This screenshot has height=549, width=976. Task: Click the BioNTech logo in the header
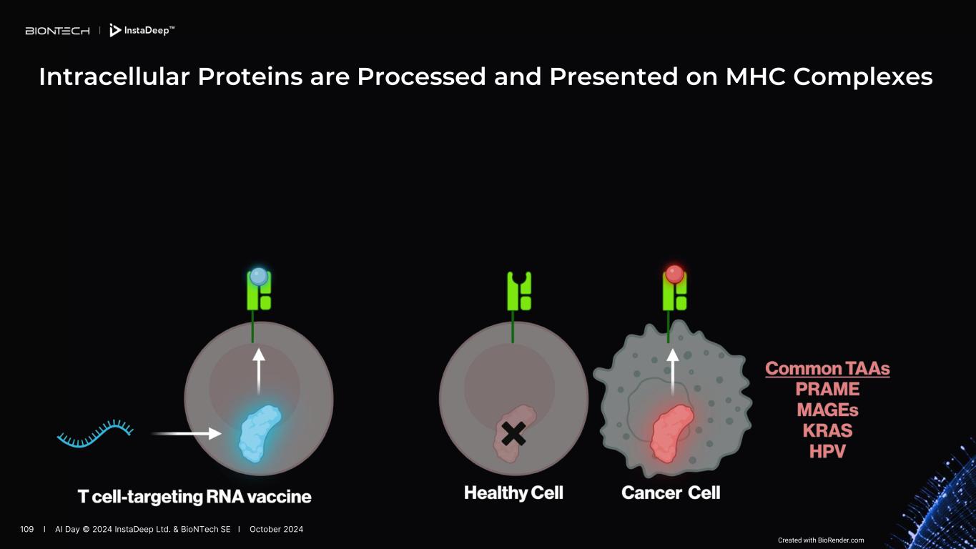tap(57, 31)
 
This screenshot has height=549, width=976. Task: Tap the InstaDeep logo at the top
tap(142, 30)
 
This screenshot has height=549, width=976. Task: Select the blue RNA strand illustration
tap(95, 433)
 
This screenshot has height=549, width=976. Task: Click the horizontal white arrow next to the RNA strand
tap(187, 433)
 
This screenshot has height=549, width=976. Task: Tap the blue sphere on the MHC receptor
tap(259, 276)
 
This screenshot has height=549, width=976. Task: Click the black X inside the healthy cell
tap(513, 433)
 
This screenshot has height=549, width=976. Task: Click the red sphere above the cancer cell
tap(674, 274)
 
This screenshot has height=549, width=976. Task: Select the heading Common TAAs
tap(827, 369)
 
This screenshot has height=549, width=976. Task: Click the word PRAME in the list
tap(827, 390)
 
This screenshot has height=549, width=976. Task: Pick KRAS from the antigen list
tap(827, 431)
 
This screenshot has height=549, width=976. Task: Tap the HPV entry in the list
tap(827, 452)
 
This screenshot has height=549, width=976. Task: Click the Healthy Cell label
tap(513, 493)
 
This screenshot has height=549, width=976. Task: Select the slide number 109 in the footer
tap(27, 529)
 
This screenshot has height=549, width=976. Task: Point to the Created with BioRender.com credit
tap(821, 540)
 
